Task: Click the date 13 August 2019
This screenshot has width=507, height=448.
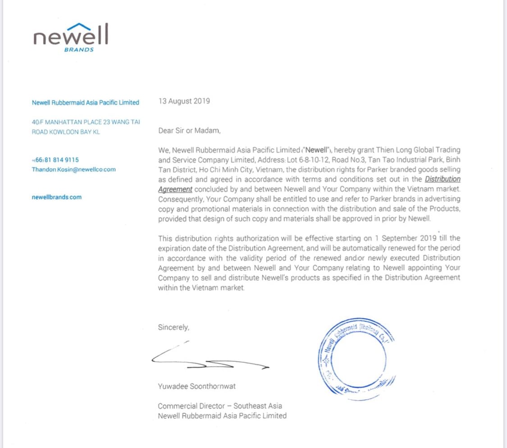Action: (184, 101)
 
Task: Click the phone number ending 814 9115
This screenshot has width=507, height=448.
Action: (55, 160)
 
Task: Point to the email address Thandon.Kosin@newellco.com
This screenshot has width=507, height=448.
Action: (73, 170)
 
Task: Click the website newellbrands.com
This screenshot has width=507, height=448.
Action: (57, 197)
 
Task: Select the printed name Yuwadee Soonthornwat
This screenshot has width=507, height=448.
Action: (196, 386)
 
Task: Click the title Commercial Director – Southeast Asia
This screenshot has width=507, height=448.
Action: (220, 406)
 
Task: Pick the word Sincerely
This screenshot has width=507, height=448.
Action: (174, 327)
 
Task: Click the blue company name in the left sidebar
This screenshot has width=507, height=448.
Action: (85, 102)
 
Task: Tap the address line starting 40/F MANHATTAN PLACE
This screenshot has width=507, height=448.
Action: (86, 122)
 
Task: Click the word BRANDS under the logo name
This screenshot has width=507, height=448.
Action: (79, 50)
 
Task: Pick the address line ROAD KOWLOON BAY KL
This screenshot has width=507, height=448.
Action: (66, 132)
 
